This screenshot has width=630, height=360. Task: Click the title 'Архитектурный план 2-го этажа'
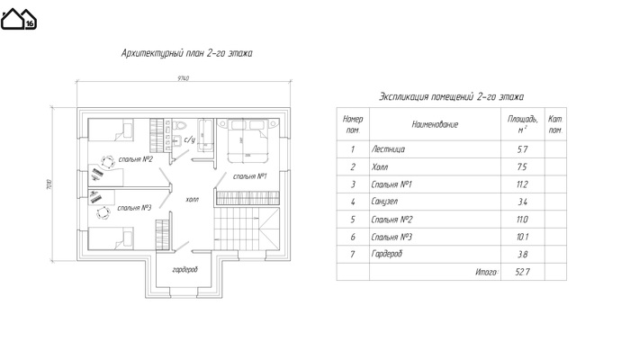tap(186, 53)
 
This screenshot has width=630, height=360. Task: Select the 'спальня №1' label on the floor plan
tap(247, 176)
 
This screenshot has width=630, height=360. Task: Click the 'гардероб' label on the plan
tap(185, 270)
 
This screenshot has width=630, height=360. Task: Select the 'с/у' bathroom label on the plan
tap(189, 140)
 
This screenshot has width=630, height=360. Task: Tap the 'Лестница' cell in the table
tap(388, 149)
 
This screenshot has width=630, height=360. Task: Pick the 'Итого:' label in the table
tap(485, 271)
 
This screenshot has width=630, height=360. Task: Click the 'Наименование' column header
tap(435, 125)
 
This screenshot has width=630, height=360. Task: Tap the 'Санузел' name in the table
tap(387, 202)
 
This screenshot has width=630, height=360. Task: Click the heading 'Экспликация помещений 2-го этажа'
tap(451, 96)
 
